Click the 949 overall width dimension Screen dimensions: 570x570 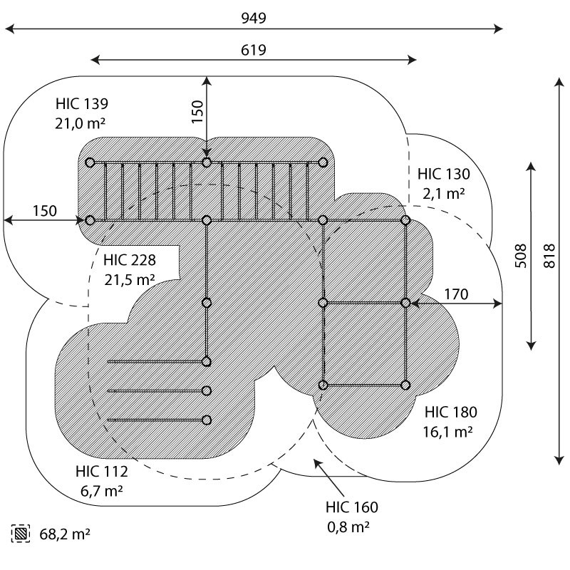click(x=254, y=18)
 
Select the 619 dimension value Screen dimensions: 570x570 click(x=254, y=50)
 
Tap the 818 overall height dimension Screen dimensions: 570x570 click(x=551, y=261)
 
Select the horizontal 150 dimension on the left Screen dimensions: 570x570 click(x=44, y=211)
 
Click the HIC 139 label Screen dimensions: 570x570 click(x=81, y=104)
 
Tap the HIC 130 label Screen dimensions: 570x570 click(x=444, y=173)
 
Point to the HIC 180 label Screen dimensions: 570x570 click(x=450, y=412)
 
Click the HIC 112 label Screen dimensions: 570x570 click(x=101, y=472)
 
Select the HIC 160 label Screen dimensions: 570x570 click(x=352, y=507)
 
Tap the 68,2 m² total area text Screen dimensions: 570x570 click(x=64, y=533)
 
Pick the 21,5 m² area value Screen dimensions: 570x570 click(x=129, y=279)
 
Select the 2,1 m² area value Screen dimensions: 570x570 click(x=444, y=193)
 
